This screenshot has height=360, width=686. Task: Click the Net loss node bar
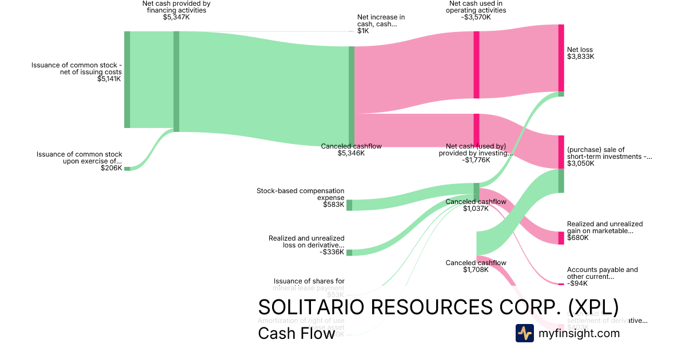coord(561,58)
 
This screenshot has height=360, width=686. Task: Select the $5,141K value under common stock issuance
coord(109,79)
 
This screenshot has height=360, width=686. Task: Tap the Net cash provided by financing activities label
coord(176,7)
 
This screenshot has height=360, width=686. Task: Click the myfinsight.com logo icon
coord(524,333)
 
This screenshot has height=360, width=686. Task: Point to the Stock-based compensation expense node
coord(349,205)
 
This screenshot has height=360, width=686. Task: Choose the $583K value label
coord(334,205)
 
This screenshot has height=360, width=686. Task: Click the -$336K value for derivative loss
coord(332,252)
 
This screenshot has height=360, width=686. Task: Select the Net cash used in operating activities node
coord(476,65)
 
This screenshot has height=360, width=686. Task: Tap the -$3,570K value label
coord(476,17)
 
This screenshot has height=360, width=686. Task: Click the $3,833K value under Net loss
coord(581,57)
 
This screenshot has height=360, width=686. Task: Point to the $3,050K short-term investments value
coord(581,163)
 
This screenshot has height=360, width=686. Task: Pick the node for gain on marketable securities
coord(561,238)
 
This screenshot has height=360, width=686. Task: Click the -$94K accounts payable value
coord(577,283)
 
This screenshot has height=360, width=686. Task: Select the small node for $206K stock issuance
coord(127,169)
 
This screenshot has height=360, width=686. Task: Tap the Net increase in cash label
coord(381,21)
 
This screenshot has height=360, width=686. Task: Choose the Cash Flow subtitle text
coord(296,333)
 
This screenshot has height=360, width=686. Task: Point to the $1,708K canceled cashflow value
coord(476,270)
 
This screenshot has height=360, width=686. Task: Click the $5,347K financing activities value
coord(176,17)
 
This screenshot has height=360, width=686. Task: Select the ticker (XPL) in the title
coord(593,307)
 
